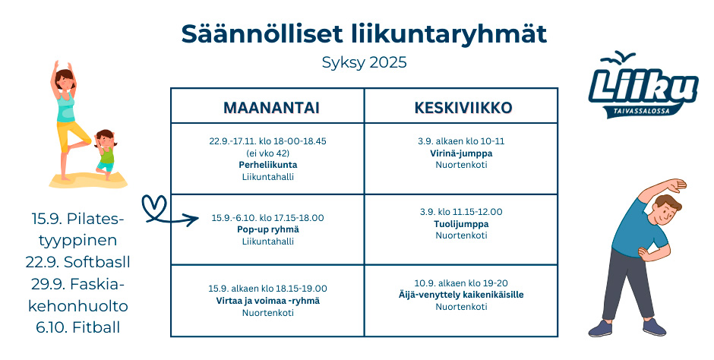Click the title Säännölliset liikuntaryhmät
(x=364, y=34)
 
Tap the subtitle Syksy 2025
(x=364, y=62)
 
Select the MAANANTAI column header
(x=271, y=108)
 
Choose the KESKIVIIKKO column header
(x=463, y=108)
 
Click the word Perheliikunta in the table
(x=267, y=165)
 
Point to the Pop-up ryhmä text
(x=267, y=230)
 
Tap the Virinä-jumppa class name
(x=461, y=153)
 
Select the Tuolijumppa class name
(x=461, y=224)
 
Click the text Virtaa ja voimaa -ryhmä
(x=267, y=301)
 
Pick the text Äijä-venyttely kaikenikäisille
(x=461, y=295)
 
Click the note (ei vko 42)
(x=267, y=153)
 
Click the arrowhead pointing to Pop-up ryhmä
(x=194, y=219)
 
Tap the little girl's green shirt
(x=106, y=156)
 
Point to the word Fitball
(x=96, y=327)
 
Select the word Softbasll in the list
(x=97, y=262)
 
